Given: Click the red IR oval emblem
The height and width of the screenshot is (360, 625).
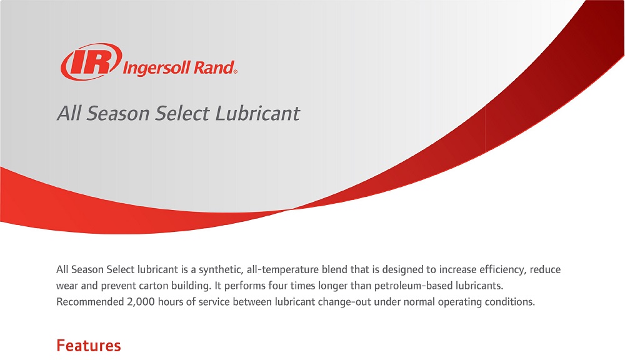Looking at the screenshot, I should click(90, 62).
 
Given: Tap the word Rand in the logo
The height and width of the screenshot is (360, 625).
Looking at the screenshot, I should click(213, 67).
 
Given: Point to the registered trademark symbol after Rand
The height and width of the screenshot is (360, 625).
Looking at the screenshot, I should click(235, 72).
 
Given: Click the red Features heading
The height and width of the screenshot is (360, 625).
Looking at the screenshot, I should click(88, 345).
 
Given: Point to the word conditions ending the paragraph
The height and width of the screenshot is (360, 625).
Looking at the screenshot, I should click(511, 302).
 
